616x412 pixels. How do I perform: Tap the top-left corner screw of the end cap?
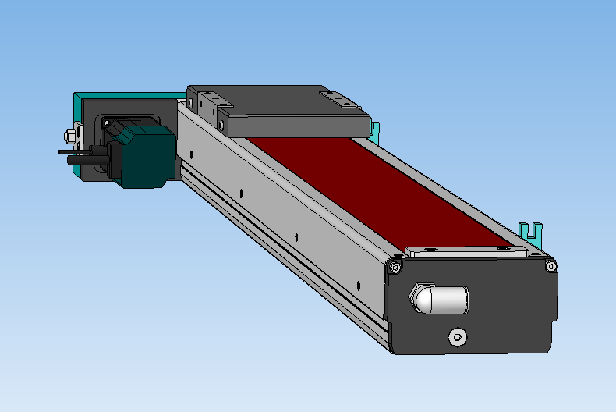[395, 268]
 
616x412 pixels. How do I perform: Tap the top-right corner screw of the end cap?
[551, 268]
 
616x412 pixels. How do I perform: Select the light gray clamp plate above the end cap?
[466, 252]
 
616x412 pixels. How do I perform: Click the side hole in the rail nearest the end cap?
[357, 286]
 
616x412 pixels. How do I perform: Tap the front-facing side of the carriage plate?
[296, 124]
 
